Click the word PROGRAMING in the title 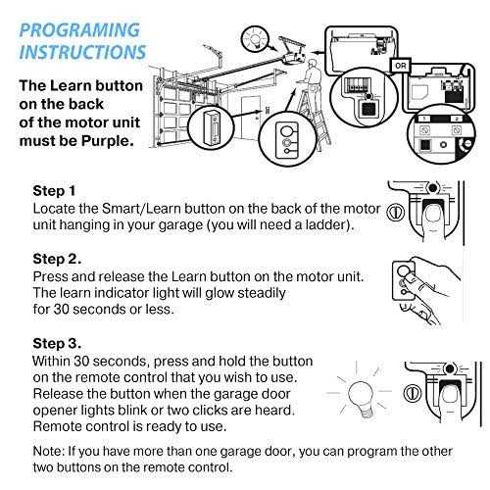(x=79, y=30)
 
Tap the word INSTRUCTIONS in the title (x=82, y=52)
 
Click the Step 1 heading (x=54, y=191)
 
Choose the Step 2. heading (x=57, y=259)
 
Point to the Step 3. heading (x=57, y=344)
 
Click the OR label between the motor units (x=401, y=66)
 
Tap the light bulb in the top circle (x=255, y=39)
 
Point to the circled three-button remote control (x=287, y=140)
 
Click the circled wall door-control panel (x=212, y=126)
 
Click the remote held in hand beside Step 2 (x=405, y=281)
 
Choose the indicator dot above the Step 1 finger (x=433, y=188)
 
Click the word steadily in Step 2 (x=262, y=293)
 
